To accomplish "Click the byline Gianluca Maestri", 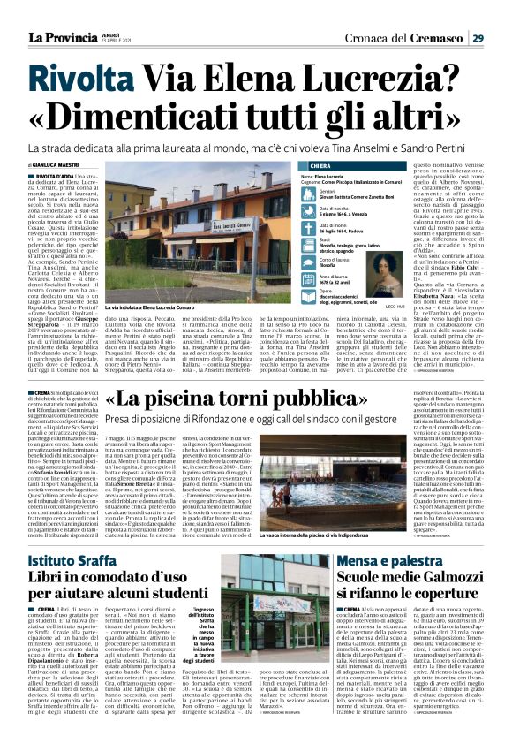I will tap(54, 165).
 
